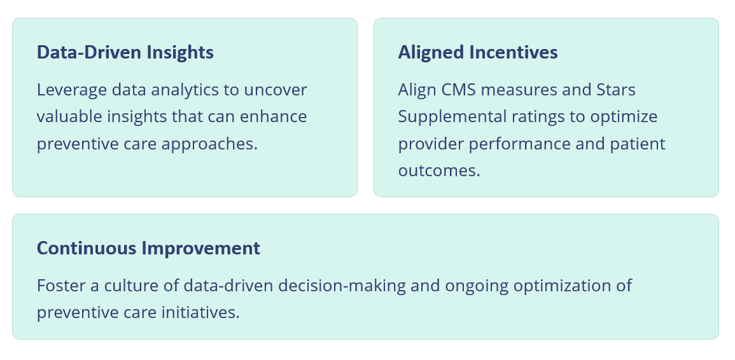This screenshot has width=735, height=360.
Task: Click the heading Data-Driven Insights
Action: pos(125,53)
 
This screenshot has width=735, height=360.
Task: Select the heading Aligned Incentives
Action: pos(478,53)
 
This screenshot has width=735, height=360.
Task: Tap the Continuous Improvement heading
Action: pos(148,249)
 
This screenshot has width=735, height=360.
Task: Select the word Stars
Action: pos(616,90)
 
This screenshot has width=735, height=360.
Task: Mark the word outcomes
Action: pos(439,170)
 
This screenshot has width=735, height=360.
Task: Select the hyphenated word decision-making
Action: pos(342,286)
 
